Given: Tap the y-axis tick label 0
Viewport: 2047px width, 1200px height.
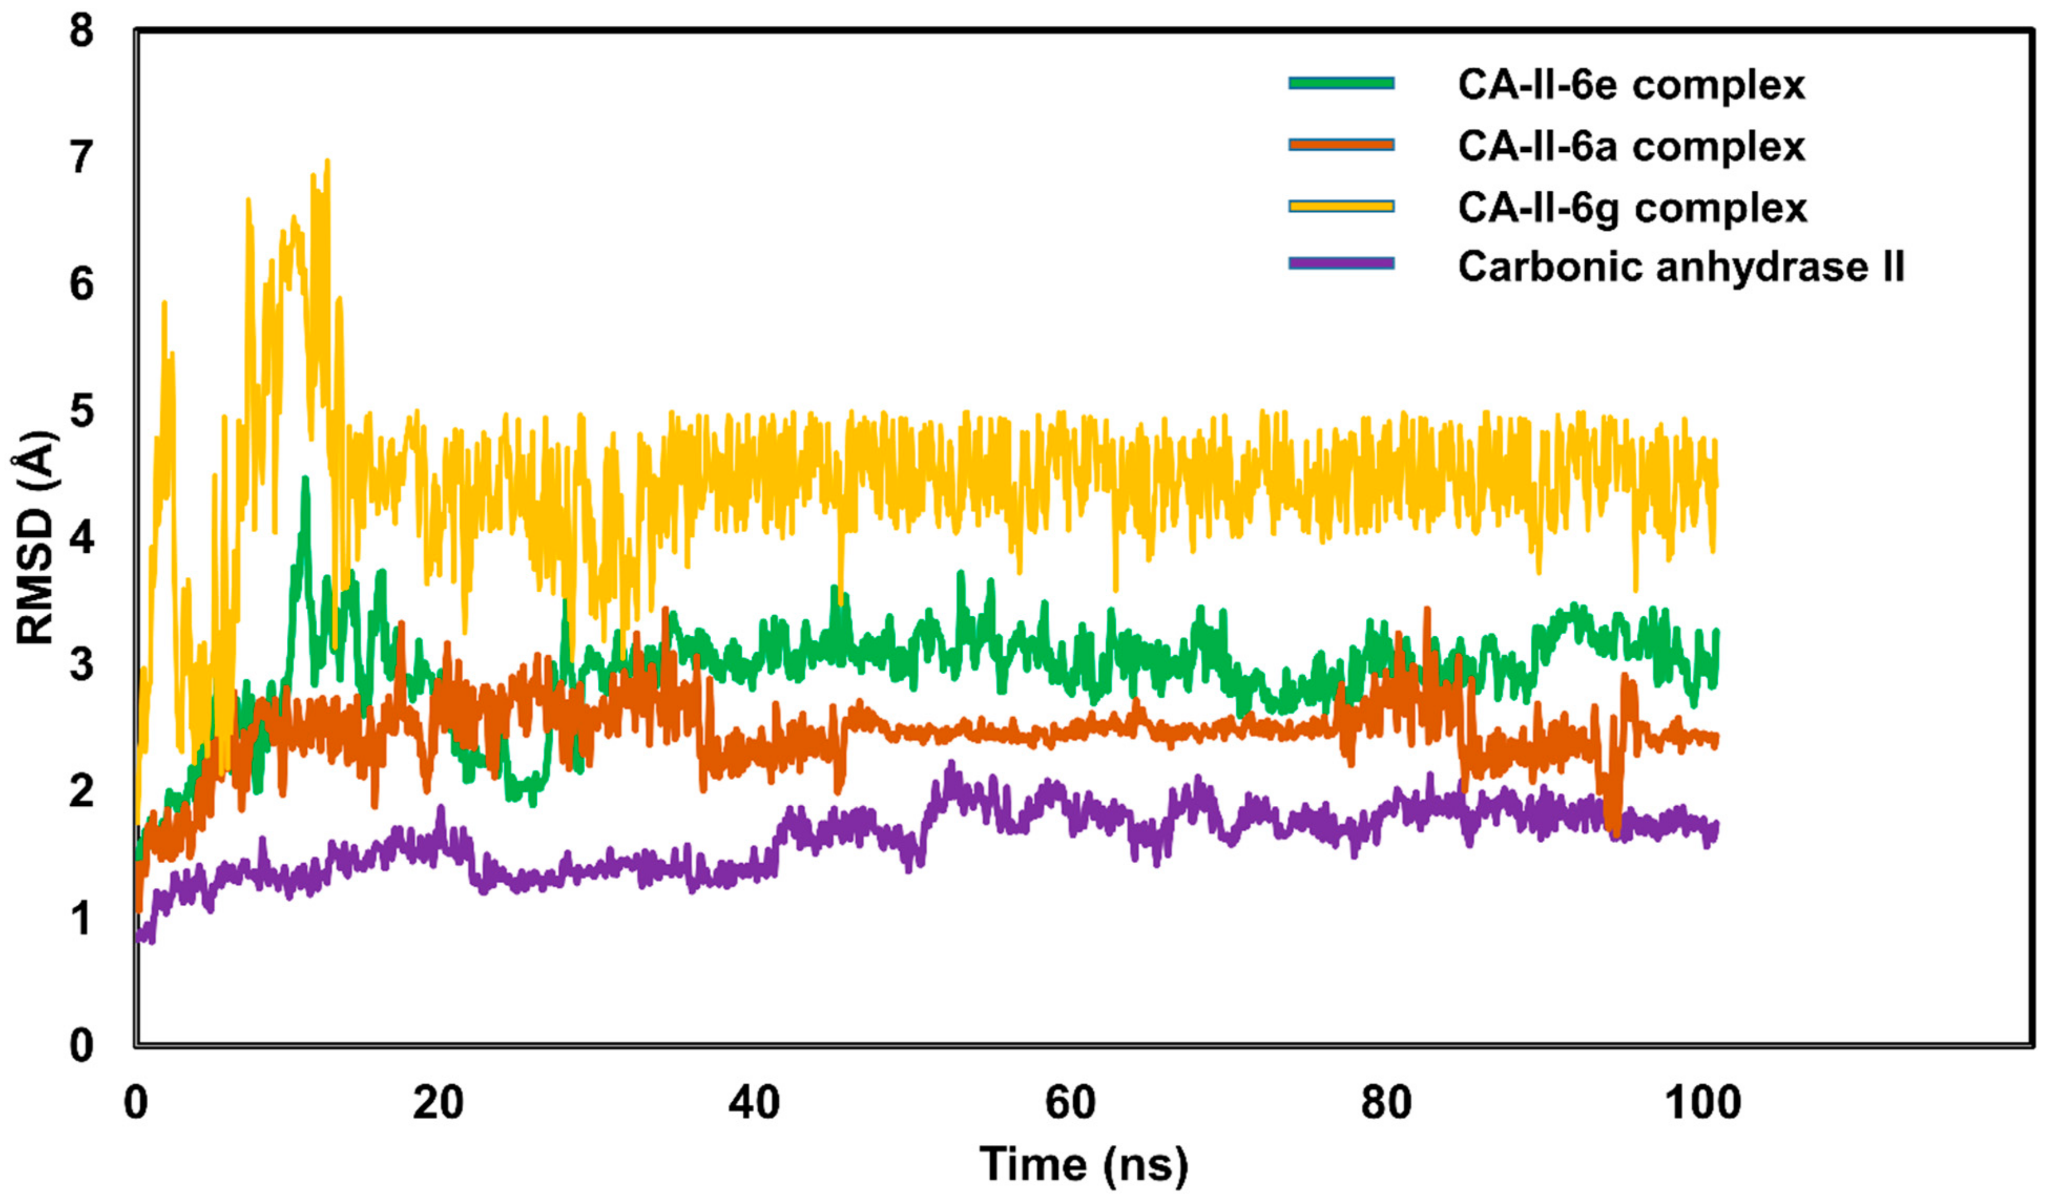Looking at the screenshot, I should tap(81, 1046).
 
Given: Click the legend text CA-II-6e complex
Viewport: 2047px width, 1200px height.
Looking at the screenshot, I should tap(1631, 85).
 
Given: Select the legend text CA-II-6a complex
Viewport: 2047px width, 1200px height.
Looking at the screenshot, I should tap(1631, 146).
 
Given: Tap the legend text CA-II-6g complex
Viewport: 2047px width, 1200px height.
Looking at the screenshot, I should tap(1633, 208).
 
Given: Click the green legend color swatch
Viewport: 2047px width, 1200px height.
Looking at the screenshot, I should tap(1341, 83).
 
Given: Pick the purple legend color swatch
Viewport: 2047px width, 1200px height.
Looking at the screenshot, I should tap(1341, 263).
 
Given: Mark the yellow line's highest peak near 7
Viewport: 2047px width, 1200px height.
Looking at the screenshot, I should tap(327, 161).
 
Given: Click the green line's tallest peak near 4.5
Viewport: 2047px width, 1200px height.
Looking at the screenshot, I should tap(305, 479).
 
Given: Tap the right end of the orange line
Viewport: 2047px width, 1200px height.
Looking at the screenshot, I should tap(1716, 738).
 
